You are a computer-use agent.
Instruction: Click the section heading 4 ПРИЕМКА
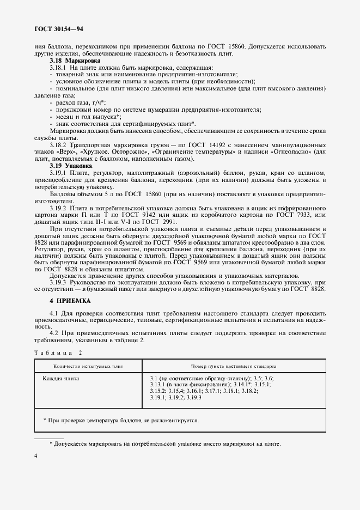(x=69, y=301)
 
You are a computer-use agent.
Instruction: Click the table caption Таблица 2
(x=59, y=353)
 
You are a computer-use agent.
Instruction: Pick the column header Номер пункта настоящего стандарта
(x=234, y=366)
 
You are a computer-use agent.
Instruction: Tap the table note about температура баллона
(x=121, y=421)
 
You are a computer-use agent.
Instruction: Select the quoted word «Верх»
(x=66, y=152)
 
